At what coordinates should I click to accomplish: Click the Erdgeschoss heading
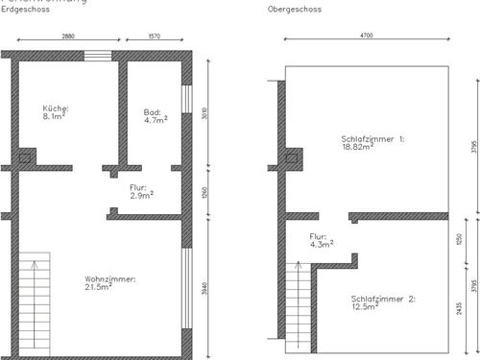21,11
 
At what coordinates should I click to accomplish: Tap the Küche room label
56,109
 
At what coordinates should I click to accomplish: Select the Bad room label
153,111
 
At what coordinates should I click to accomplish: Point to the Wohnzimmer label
110,278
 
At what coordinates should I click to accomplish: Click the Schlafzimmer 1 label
372,139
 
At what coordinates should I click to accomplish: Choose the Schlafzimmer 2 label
383,300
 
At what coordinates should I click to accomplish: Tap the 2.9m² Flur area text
142,196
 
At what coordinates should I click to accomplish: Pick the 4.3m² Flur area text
322,245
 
